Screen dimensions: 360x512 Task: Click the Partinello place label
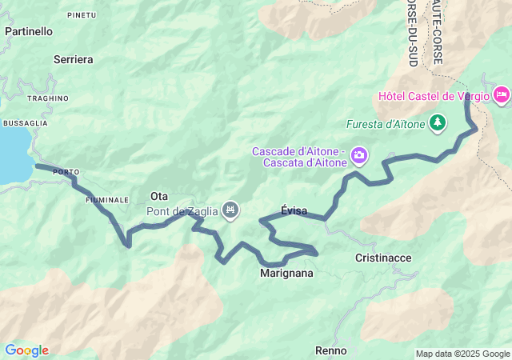29,31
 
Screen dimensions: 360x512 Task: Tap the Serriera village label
74,59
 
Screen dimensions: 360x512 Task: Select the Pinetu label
82,14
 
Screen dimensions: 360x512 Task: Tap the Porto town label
66,172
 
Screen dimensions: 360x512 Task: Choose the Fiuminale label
107,199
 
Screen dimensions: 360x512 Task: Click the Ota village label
159,196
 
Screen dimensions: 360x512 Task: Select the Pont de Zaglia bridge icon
230,210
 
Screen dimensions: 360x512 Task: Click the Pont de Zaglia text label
182,211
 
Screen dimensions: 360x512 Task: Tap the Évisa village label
294,210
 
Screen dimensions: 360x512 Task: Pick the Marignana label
286,273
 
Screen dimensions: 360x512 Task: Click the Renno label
330,350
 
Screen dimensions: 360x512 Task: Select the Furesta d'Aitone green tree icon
437,123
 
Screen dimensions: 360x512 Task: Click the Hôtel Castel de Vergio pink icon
502,96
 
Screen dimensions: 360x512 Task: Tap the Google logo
26,350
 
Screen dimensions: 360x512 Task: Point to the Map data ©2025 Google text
462,354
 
